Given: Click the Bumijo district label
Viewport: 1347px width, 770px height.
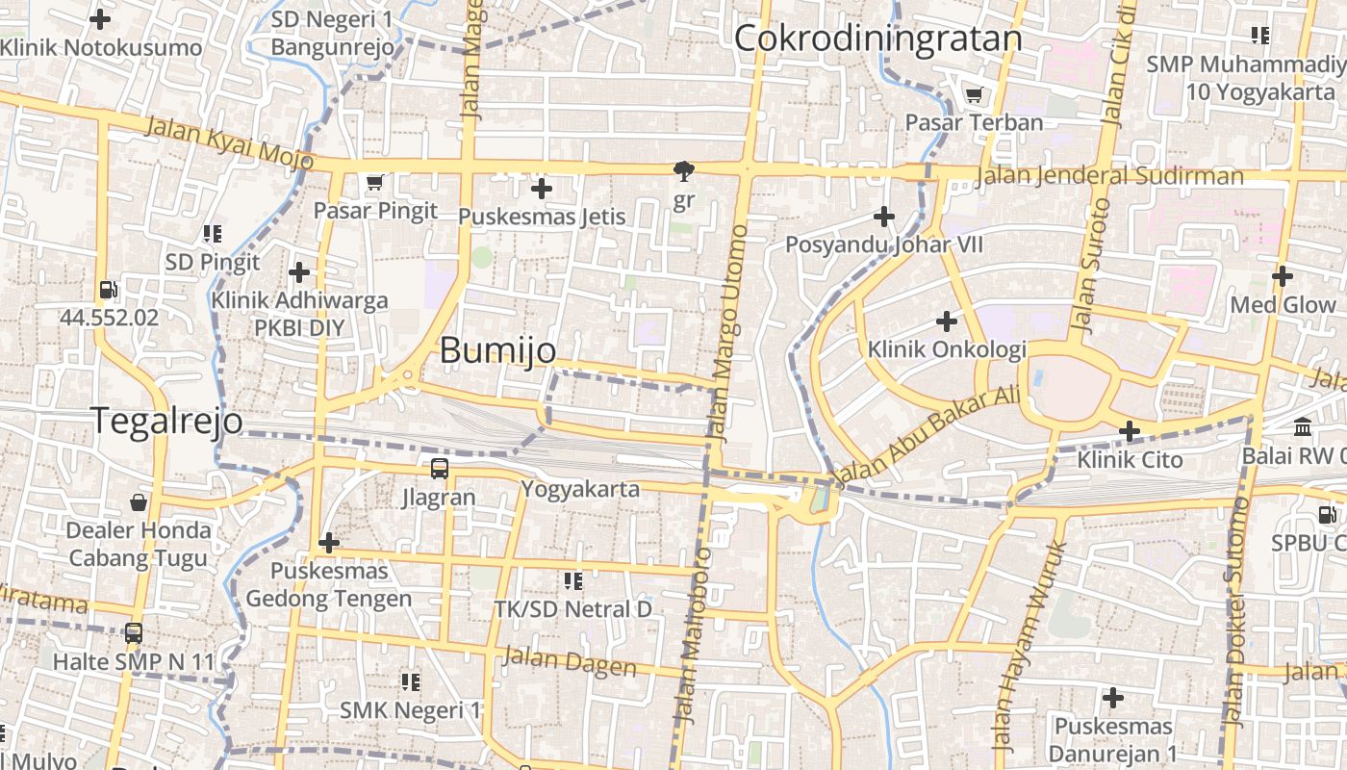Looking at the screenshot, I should point(497,350).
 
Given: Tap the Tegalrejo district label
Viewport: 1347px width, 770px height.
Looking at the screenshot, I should point(166,421).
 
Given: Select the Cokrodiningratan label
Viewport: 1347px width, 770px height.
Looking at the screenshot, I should point(877,38).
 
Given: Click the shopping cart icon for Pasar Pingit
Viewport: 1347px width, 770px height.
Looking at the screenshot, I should point(374,182).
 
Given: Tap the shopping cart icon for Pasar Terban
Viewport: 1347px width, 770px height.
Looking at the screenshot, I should point(974,94).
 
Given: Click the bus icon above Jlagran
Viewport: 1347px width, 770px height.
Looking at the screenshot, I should point(439,469).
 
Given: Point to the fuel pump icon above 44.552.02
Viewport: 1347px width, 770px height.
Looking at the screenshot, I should point(109,289).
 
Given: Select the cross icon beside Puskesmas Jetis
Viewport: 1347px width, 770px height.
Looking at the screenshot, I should point(542,189).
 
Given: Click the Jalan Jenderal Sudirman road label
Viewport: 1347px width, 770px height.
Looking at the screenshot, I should point(1108,176).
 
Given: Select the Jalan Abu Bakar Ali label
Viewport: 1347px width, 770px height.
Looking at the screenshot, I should point(927,433).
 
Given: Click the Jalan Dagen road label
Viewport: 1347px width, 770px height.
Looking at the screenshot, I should point(569,661).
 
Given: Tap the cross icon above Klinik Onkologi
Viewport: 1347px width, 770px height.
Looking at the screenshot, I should point(947,321).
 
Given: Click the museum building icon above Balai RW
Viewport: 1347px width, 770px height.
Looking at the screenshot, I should point(1303,426).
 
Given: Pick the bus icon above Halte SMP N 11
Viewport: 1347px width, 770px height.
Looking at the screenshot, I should point(134,633).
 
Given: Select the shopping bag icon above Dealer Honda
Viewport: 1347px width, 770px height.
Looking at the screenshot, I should point(139,501).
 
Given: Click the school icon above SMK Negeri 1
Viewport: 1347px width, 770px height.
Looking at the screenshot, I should point(411,682).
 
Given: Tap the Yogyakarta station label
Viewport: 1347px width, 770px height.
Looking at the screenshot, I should point(580,489).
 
